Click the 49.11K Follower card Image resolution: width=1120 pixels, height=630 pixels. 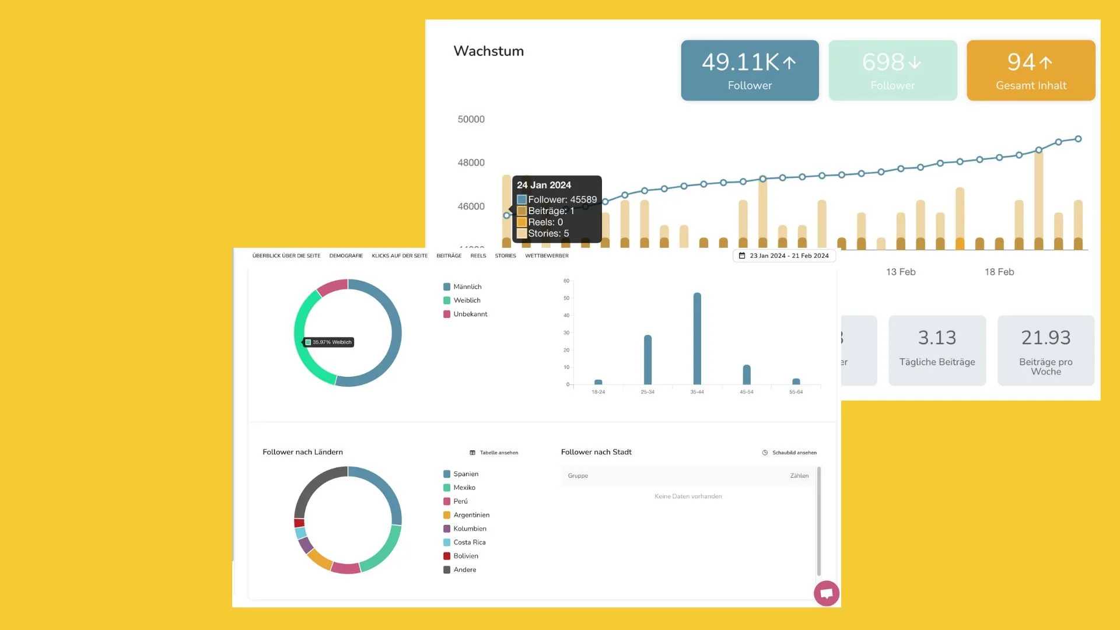(750, 71)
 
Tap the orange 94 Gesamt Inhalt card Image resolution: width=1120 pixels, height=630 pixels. (1031, 71)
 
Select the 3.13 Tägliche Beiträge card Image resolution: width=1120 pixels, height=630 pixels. (937, 350)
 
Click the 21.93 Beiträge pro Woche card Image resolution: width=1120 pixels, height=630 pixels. (1045, 350)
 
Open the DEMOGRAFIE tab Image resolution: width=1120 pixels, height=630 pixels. (346, 256)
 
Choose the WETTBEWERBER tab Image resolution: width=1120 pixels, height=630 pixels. (547, 256)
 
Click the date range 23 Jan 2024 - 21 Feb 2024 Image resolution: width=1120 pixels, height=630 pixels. (784, 256)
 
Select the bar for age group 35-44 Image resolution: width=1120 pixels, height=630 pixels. (697, 338)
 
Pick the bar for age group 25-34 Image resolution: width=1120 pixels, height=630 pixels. (647, 359)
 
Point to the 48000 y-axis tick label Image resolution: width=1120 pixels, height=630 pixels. (471, 163)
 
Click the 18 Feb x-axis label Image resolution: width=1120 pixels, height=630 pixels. (999, 272)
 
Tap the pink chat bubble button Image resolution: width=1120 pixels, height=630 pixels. (827, 594)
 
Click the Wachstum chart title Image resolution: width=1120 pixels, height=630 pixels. (489, 51)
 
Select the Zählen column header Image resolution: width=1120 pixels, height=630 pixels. (799, 476)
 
